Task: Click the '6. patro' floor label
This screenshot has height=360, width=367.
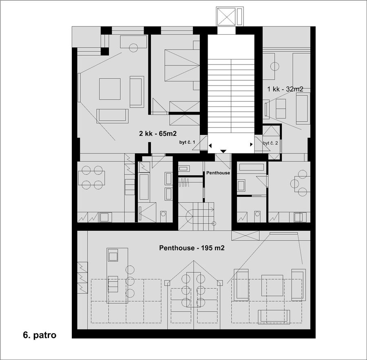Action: (x=40, y=335)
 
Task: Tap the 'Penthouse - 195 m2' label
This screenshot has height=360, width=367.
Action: (x=192, y=248)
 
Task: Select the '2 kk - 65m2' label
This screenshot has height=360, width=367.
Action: (x=158, y=133)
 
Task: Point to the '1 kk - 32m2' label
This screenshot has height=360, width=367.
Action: (x=285, y=89)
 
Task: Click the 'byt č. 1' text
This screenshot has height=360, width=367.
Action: (x=187, y=142)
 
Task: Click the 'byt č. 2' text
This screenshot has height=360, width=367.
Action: (x=270, y=143)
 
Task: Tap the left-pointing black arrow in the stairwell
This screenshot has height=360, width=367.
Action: (x=210, y=146)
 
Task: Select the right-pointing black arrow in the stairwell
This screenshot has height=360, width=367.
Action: (x=251, y=144)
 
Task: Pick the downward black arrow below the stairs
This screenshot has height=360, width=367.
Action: (x=223, y=151)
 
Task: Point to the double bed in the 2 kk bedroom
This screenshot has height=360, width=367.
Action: (x=182, y=65)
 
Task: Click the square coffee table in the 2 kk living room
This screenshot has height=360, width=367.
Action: (x=110, y=89)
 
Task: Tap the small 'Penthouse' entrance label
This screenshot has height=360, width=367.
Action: (x=218, y=173)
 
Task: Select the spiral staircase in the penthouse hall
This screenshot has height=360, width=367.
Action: (x=196, y=216)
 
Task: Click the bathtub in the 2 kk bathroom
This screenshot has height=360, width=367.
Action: (x=144, y=187)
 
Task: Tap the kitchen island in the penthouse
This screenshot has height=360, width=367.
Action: (x=117, y=276)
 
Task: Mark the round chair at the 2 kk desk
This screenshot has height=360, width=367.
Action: (x=133, y=48)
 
